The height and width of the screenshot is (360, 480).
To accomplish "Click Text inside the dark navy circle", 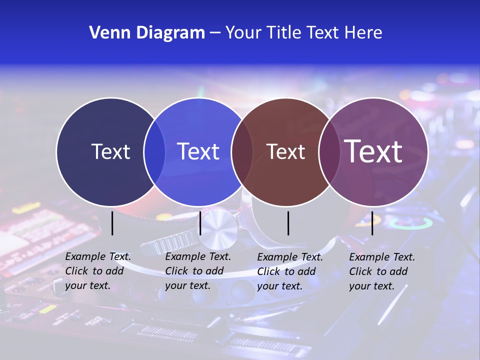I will tap(110, 151).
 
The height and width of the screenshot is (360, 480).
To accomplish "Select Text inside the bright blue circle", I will tap(198, 151).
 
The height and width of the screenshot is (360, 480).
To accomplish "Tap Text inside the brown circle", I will tap(285, 151).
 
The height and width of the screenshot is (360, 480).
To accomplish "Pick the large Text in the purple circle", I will tap(373, 151).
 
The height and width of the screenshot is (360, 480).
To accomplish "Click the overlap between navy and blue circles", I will tap(154, 151).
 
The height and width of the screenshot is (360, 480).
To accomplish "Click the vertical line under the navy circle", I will tap(112, 223).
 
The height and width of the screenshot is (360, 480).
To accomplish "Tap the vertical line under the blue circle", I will tap(200, 223).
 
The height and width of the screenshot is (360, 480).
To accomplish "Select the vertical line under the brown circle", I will tap(288, 223).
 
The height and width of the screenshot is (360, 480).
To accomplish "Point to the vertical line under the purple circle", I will tap(372, 223).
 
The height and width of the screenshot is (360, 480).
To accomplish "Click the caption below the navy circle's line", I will tap(98, 271).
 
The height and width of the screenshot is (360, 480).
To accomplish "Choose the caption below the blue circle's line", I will tap(198, 271).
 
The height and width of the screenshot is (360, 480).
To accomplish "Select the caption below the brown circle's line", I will tap(290, 271).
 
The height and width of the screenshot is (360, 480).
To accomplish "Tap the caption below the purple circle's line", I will tap(382, 271).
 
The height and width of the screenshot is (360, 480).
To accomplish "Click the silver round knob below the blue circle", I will tap(218, 228).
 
